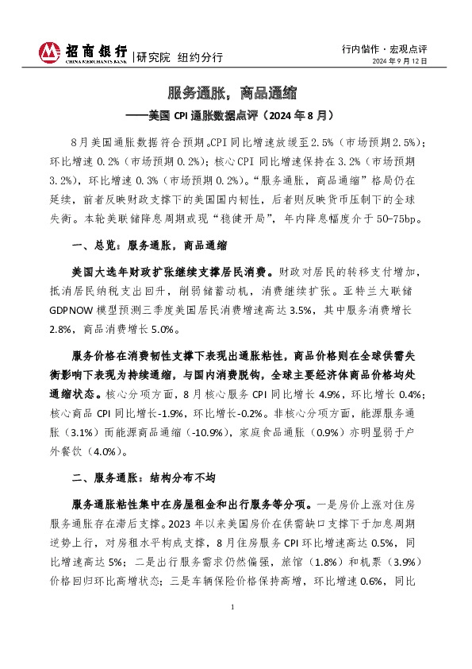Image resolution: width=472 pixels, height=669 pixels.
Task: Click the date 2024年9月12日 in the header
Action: click(x=400, y=61)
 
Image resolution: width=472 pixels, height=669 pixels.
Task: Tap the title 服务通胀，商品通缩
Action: click(x=236, y=92)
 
